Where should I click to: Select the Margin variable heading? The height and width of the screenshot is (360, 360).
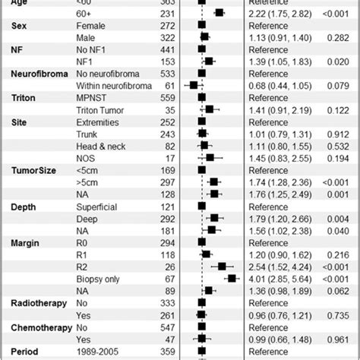tap(27, 242)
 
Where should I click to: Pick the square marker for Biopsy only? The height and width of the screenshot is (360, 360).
tap(232, 279)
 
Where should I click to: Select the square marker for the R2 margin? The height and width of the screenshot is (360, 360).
tap(223, 267)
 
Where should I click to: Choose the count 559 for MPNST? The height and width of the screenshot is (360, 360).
tap(170, 97)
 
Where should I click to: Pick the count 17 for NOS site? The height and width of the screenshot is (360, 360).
tap(173, 157)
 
